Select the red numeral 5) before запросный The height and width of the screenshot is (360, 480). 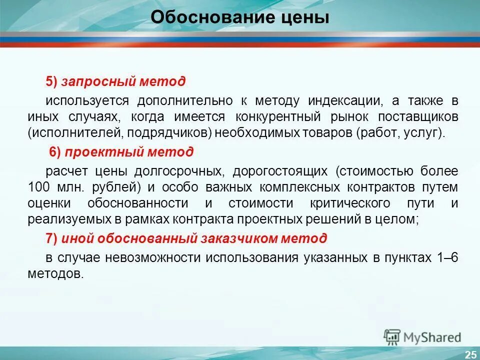pos(52,81)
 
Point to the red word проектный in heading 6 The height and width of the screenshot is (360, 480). pos(95,152)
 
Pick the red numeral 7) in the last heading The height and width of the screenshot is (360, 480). pos(52,238)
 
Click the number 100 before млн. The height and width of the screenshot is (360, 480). pos(39,187)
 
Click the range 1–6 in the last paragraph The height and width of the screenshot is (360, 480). pos(446,257)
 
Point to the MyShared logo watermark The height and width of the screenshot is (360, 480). pos(423,337)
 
